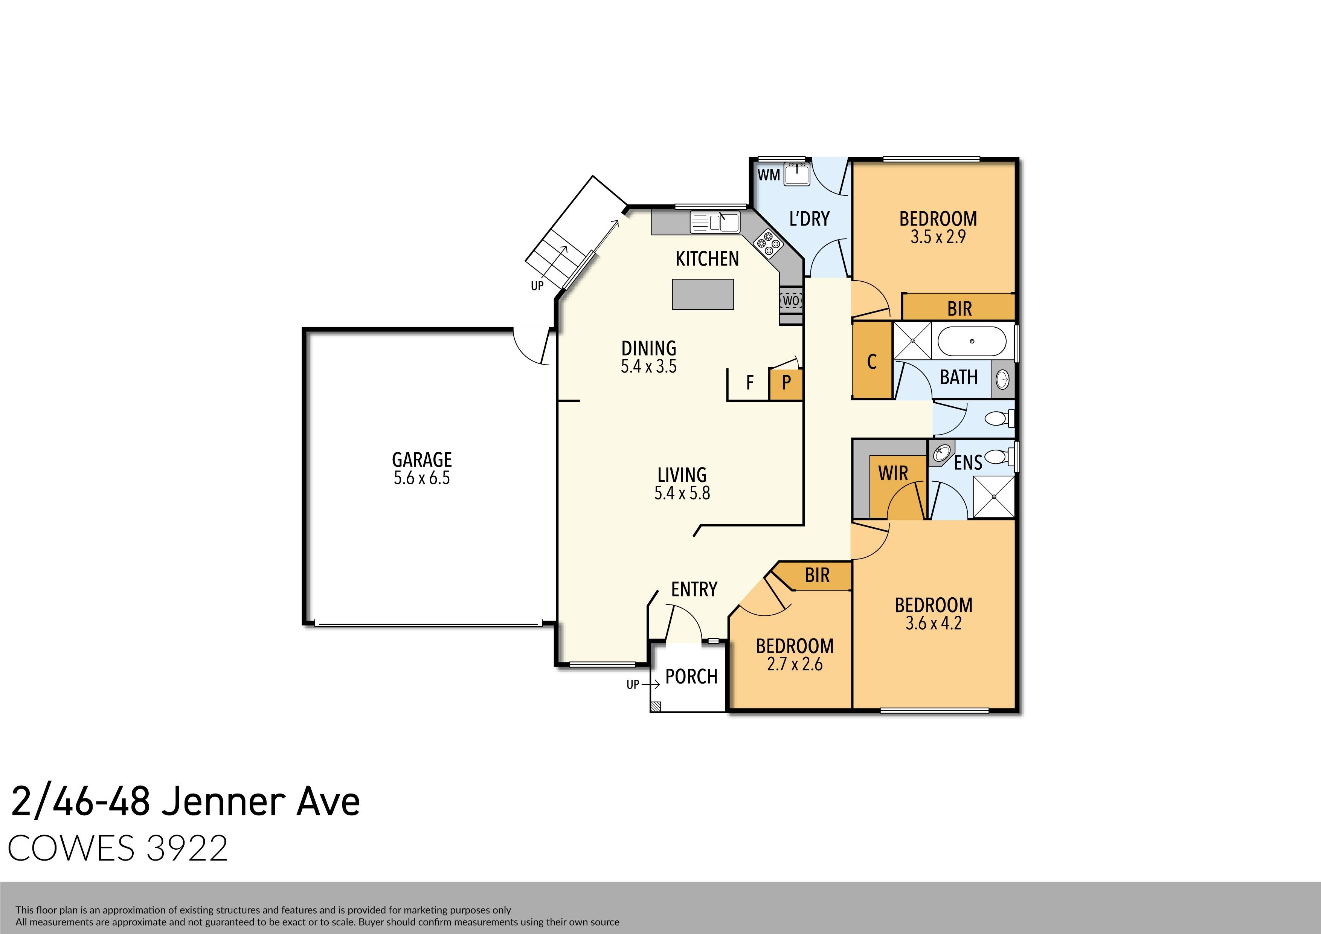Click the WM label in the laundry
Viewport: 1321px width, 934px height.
[769, 174]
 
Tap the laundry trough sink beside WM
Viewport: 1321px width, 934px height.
[798, 173]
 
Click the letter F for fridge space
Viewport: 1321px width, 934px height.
[750, 383]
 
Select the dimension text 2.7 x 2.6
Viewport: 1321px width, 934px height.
[795, 665]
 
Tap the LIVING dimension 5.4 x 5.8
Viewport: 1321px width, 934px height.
[682, 493]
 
